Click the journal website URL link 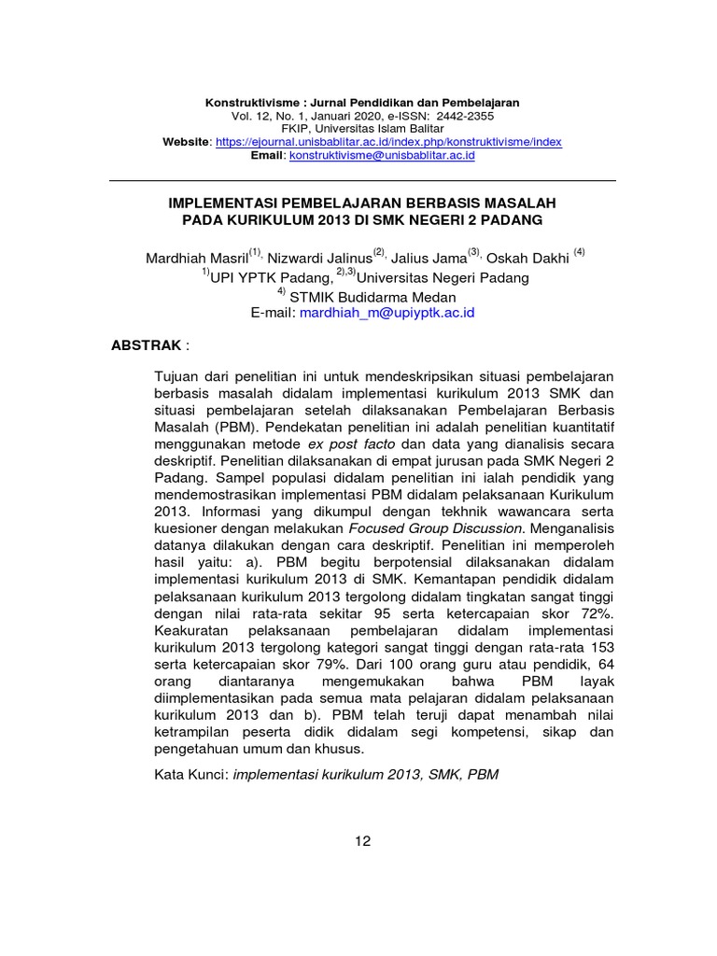388,142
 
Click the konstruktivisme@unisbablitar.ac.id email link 383,156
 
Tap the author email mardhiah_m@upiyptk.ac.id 387,314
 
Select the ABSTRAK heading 147,345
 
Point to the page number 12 363,840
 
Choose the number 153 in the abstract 599,648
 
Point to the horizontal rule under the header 362,180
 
